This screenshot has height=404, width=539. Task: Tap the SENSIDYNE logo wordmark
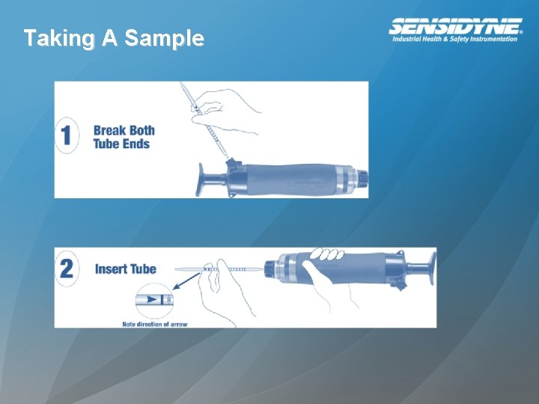tap(455, 26)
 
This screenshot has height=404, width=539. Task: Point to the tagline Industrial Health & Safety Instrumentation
tap(455, 39)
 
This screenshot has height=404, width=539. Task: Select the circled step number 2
tap(67, 268)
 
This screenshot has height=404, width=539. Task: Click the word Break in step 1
tap(109, 131)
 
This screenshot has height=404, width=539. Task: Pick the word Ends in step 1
tap(136, 144)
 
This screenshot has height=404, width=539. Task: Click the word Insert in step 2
tap(111, 269)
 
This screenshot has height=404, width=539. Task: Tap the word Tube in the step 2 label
tap(143, 269)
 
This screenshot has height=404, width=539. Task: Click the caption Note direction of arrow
tap(155, 324)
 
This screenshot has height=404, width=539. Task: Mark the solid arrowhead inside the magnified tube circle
tap(153, 299)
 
